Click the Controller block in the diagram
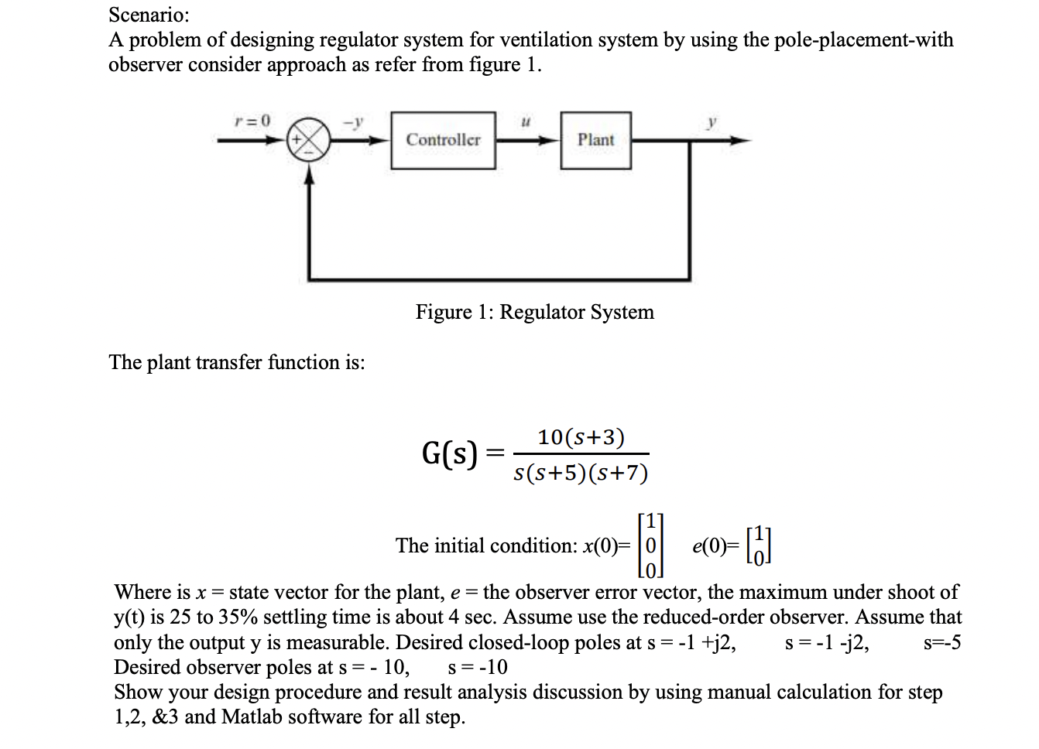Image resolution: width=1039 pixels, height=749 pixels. tap(443, 140)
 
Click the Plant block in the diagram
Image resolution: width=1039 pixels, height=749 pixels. tap(595, 140)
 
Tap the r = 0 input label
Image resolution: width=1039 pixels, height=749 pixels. tap(252, 120)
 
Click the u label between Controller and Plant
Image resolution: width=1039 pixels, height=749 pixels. tap(526, 121)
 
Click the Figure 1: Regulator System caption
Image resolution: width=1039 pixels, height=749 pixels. tap(534, 312)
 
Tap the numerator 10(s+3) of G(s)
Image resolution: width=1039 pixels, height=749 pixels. tap(581, 437)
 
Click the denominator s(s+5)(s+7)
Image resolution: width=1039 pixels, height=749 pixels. tap(581, 473)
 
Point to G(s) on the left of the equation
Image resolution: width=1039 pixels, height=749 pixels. tap(449, 453)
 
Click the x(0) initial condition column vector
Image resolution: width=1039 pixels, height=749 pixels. tap(651, 546)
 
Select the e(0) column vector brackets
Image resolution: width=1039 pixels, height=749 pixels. tap(760, 546)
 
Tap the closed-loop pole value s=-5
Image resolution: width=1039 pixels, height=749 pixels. tap(941, 642)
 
